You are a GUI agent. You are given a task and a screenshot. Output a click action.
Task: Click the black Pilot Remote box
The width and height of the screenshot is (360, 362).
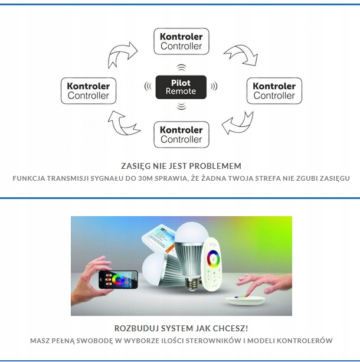click(x=181, y=87)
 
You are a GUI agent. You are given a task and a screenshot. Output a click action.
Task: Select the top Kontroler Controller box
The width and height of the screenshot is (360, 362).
click(x=181, y=41)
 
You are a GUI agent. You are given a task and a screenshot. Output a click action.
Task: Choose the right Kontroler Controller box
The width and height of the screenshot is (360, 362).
click(x=274, y=91)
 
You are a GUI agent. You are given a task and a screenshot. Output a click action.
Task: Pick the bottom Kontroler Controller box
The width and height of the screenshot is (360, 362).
click(x=181, y=135)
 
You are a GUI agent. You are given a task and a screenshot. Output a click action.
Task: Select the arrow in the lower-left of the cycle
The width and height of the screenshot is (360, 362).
click(x=122, y=125)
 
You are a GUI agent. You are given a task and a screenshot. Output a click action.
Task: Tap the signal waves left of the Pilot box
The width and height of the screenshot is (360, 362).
click(x=148, y=87)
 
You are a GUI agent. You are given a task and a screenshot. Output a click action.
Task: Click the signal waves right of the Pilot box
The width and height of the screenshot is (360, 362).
click(x=214, y=87)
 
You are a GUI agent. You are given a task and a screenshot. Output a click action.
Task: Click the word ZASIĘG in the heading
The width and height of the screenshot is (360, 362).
click(x=135, y=166)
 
